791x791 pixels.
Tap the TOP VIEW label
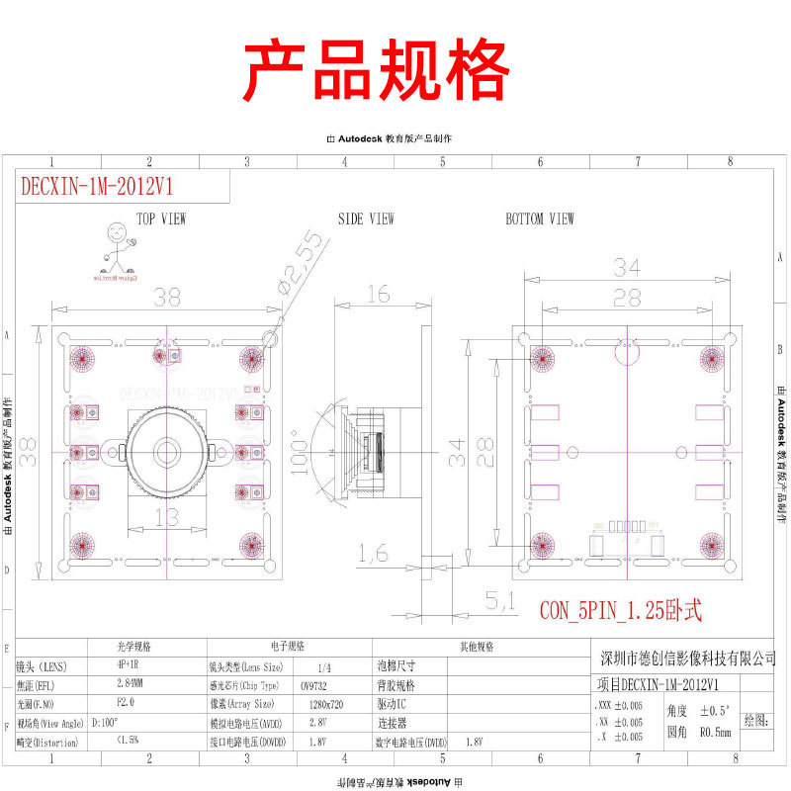[x=161, y=219]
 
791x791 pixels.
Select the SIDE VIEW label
[x=366, y=219]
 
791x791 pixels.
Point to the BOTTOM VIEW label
[x=539, y=219]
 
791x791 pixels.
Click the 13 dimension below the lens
[x=168, y=516]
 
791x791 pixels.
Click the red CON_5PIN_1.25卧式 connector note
[x=620, y=611]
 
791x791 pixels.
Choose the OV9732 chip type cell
[x=316, y=685]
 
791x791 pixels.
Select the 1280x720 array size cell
[x=316, y=704]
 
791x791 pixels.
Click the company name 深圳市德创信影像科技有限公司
[x=688, y=659]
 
